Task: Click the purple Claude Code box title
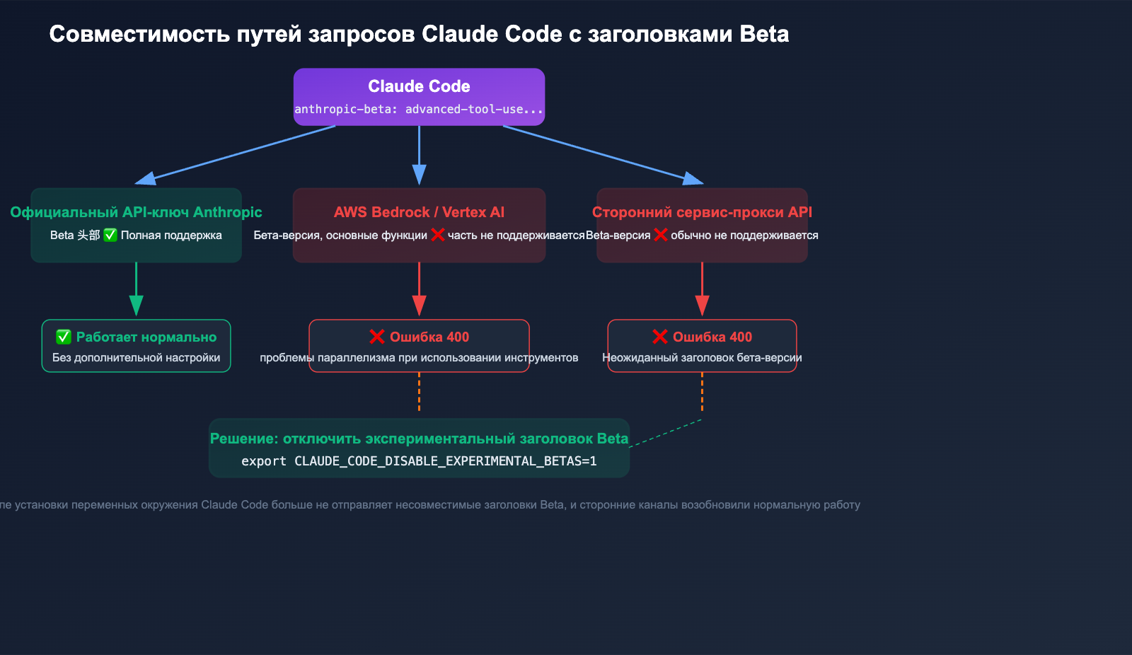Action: pos(419,86)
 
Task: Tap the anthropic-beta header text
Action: pos(419,109)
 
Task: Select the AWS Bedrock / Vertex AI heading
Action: pos(419,212)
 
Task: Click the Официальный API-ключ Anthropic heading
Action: pos(136,212)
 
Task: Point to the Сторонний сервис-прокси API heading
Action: pos(702,212)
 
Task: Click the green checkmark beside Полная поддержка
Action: pos(110,235)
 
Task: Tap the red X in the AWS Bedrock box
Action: pos(438,235)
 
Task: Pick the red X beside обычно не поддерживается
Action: pos(661,235)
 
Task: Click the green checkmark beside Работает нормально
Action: pos(64,337)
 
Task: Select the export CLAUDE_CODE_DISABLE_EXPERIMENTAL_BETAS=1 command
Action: pos(419,461)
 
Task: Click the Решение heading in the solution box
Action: pos(419,439)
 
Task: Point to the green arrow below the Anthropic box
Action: pos(136,290)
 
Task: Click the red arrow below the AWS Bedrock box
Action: pos(419,290)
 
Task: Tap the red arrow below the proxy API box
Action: pos(702,290)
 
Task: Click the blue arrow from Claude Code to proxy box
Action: pos(601,153)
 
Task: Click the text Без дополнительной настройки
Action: pos(136,358)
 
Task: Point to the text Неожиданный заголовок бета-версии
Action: pos(702,358)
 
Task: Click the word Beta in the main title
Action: pos(764,34)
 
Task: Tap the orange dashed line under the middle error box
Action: pos(419,392)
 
